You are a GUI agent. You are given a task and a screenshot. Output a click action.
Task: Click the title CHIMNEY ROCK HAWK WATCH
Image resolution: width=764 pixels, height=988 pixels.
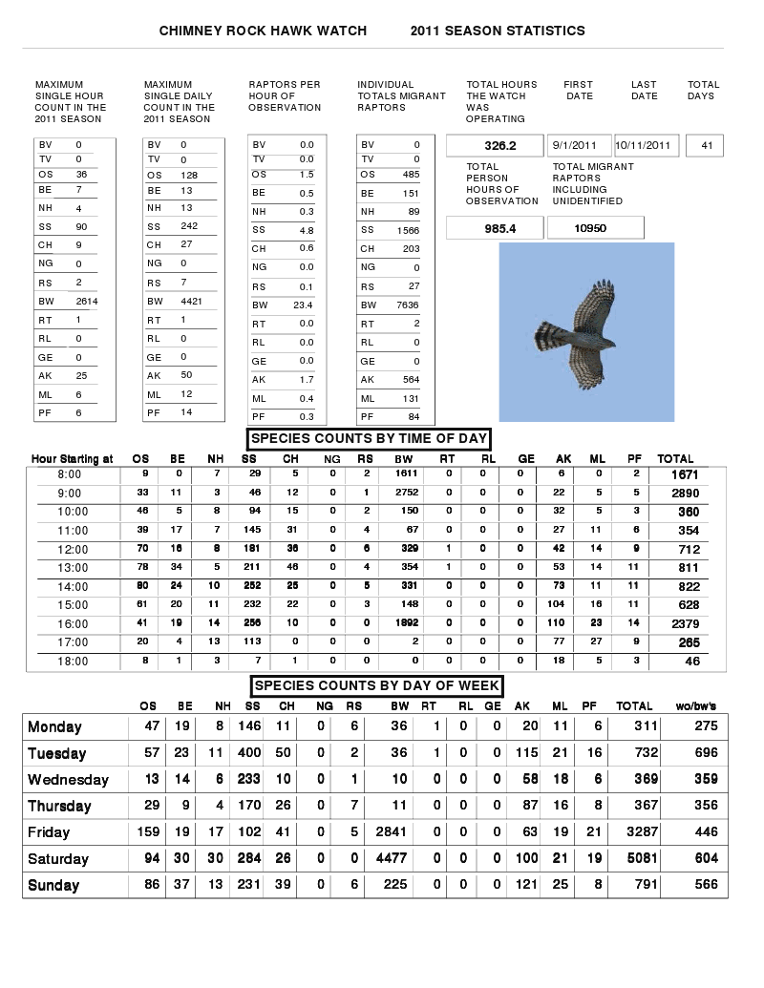click(x=263, y=31)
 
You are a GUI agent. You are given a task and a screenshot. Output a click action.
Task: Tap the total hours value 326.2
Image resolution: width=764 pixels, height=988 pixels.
click(x=495, y=146)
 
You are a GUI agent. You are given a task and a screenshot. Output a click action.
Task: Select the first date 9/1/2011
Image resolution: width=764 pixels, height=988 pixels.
click(x=580, y=146)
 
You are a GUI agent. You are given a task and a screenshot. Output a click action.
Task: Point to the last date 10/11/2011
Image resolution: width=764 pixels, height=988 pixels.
click(x=647, y=146)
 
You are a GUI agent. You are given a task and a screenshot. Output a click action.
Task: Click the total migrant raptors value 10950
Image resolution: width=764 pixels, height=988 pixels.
click(x=590, y=228)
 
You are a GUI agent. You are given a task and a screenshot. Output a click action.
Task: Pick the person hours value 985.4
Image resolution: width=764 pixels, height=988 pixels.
click(x=495, y=228)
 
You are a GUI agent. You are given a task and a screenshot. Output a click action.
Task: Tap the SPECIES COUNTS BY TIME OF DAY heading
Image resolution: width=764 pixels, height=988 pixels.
click(x=369, y=439)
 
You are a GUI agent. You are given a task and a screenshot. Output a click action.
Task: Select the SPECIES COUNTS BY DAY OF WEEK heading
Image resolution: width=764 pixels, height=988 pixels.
click(x=377, y=686)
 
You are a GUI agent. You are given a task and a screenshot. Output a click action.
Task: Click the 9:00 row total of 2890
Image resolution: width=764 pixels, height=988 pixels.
click(x=685, y=494)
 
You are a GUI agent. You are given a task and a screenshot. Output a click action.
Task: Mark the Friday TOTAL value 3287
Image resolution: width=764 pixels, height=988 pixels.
click(x=635, y=832)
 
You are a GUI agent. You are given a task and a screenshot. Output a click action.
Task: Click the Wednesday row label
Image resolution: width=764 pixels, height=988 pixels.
click(x=68, y=780)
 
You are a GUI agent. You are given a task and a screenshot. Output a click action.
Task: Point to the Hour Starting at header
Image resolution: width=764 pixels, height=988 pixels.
click(x=72, y=459)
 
